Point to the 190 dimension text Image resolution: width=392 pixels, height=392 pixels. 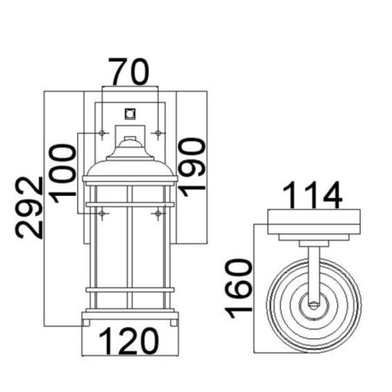[x=193, y=162]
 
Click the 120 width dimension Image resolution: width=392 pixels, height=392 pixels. [x=130, y=342]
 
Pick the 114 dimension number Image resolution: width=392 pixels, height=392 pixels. [x=314, y=196]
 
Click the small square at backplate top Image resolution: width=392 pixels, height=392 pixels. [x=130, y=112]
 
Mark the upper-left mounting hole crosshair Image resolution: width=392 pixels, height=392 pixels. [x=103, y=133]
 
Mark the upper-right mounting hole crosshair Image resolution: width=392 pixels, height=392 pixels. [x=157, y=133]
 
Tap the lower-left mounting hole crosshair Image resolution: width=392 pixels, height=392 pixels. [x=103, y=212]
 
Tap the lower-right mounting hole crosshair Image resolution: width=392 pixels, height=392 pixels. [x=157, y=212]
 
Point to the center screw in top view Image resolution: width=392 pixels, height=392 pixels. [x=313, y=305]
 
